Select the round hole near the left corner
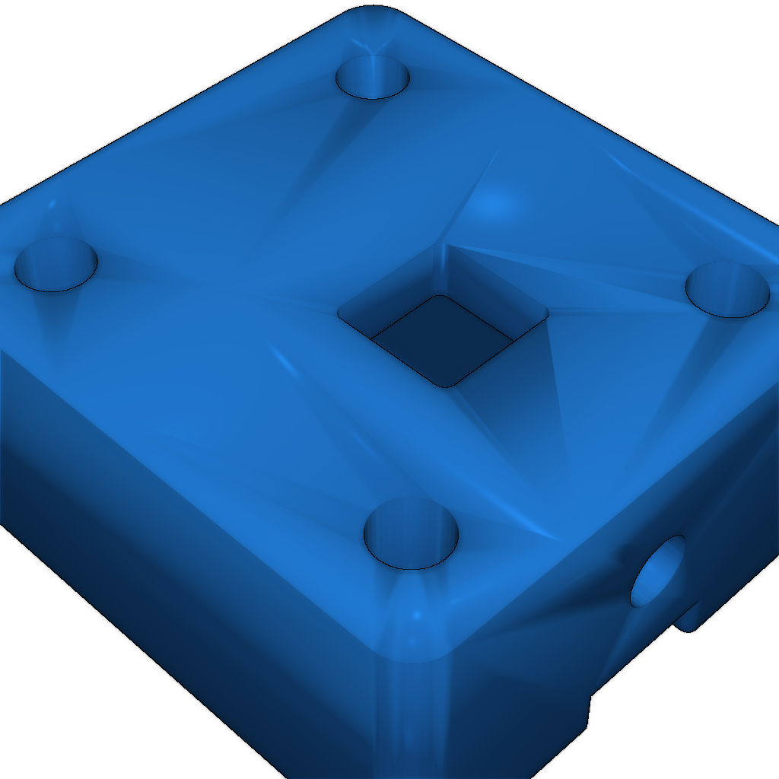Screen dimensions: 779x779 pos(56,264)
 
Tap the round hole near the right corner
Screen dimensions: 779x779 pos(727,289)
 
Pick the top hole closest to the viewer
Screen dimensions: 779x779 pos(411,534)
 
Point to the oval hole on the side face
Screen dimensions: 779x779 pos(657,571)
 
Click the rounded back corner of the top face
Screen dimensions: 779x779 pos(373,15)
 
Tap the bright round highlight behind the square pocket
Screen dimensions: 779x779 pos(494,204)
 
